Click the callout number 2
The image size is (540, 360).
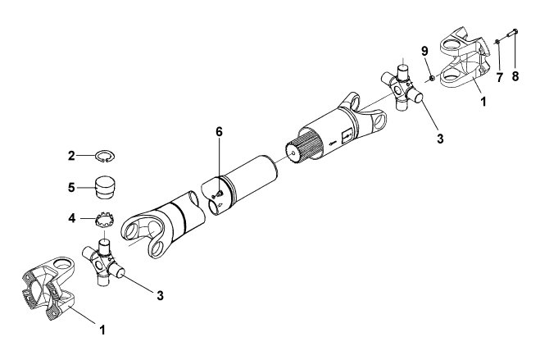tap(71, 156)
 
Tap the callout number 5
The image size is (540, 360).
tap(71, 188)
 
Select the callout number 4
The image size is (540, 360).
tap(71, 218)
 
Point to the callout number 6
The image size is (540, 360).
tap(220, 131)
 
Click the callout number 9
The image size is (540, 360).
tap(424, 51)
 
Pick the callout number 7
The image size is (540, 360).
tap(499, 78)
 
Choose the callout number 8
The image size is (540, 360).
tap(515, 76)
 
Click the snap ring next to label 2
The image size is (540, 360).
tap(106, 157)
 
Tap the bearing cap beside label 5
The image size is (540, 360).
tap(106, 188)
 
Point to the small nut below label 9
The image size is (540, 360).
tap(432, 79)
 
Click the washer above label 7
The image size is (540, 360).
tap(497, 42)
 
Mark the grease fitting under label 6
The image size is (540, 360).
tap(218, 195)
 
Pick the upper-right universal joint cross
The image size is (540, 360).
tap(402, 88)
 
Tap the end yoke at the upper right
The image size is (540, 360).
tap(465, 60)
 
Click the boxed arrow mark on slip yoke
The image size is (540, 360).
tap(347, 136)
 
